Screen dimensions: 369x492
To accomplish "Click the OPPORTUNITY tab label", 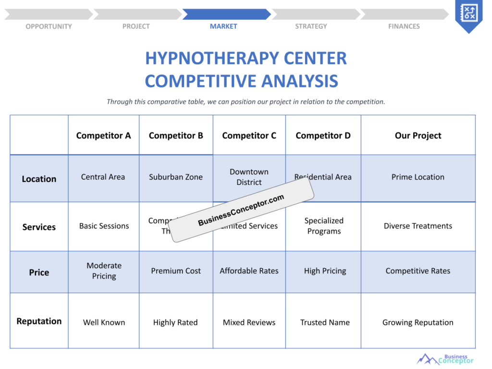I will click(49, 26).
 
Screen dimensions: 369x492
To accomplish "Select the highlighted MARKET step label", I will click(223, 26).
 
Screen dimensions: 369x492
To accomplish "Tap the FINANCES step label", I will click(404, 26).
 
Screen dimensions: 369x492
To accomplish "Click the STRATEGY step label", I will click(311, 26).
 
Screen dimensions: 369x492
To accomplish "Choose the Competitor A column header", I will click(103, 135).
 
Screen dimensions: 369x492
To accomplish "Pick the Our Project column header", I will click(418, 135).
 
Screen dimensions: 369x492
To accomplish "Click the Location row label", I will click(39, 179).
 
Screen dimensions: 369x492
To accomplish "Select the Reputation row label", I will click(39, 321).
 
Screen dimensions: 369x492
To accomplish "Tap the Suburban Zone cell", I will click(176, 177).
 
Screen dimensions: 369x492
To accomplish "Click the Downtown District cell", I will click(249, 177).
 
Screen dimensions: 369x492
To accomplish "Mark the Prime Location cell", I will click(418, 177).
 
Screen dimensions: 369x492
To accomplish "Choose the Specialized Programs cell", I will click(324, 226).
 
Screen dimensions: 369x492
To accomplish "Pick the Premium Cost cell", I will click(176, 271).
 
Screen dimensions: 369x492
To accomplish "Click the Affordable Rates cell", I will click(249, 271).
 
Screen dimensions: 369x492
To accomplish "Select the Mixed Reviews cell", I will click(249, 322).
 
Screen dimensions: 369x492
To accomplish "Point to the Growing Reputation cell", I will click(418, 322).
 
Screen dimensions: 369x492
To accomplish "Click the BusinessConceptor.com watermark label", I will click(241, 210).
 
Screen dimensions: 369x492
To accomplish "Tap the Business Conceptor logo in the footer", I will click(445, 359).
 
